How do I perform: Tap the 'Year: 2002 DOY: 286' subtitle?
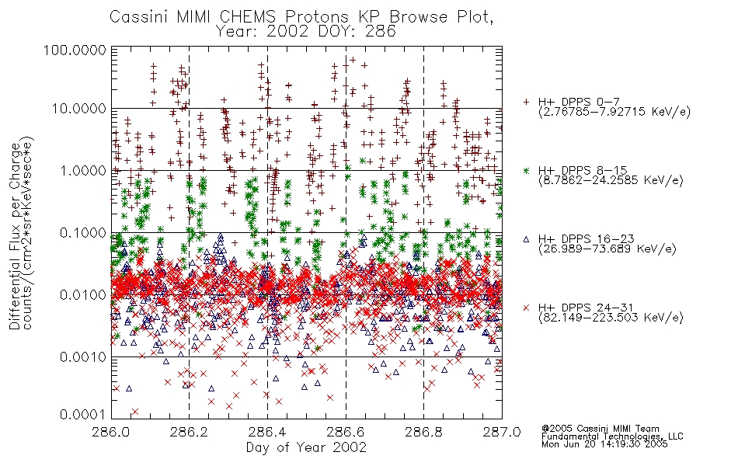pos(305,32)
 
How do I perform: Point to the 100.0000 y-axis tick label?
pos(75,50)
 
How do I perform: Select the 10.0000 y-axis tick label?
pos(79,109)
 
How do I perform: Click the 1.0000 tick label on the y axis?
pos(83,170)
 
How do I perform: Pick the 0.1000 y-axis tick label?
pos(83,232)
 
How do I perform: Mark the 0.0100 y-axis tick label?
pos(83,295)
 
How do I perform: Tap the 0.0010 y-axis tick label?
pos(83,356)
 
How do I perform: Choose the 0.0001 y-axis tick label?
pos(83,415)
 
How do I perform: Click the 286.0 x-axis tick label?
pos(111,432)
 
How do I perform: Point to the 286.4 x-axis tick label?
pos(267,432)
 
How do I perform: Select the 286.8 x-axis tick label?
pos(423,432)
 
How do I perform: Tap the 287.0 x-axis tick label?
pos(502,432)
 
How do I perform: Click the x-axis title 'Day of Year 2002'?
pos(306,447)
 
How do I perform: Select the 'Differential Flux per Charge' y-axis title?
pos(15,236)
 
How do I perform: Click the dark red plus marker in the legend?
pos(526,102)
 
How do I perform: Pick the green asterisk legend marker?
pos(526,170)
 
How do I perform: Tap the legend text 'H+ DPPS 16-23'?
pos(586,239)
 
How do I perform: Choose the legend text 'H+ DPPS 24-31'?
pos(586,308)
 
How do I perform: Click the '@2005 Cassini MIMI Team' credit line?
pos(600,429)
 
